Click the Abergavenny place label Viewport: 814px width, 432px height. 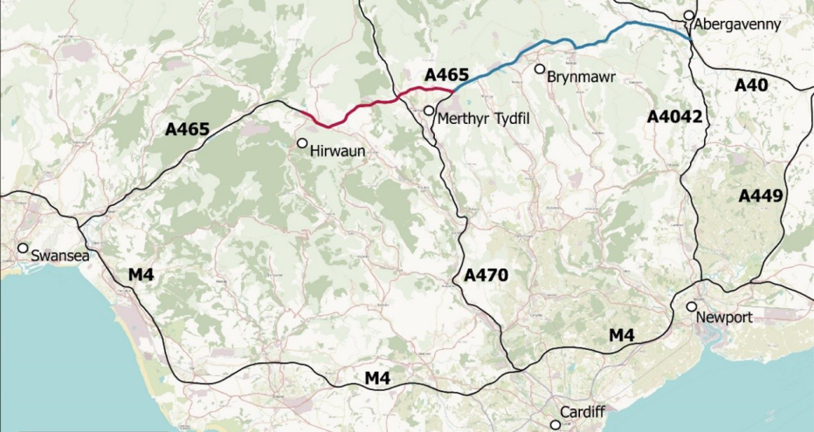click(738, 24)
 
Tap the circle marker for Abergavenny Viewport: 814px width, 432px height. click(689, 16)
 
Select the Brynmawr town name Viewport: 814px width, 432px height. click(581, 78)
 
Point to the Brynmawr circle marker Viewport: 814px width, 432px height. click(540, 69)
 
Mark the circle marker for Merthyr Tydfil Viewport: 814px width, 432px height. click(428, 111)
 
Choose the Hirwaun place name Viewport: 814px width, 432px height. click(335, 151)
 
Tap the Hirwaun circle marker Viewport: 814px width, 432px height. click(302, 143)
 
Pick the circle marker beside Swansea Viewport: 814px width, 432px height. click(23, 248)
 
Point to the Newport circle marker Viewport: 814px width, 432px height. click(691, 306)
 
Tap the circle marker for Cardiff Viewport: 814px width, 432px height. click(555, 425)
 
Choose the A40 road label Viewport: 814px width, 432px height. click(750, 85)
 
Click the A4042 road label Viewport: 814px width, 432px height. click(674, 116)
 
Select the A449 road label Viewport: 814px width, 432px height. click(761, 195)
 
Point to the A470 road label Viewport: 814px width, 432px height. click(486, 276)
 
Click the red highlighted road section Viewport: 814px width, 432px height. click(349, 110)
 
